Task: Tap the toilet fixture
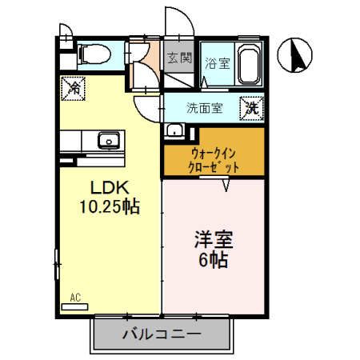click(94, 54)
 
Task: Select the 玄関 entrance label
click(180, 58)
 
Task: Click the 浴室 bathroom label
click(216, 64)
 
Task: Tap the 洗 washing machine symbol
click(252, 106)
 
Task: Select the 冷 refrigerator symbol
click(73, 86)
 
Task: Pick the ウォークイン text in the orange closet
click(212, 152)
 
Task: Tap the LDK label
click(108, 189)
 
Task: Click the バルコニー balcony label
click(160, 334)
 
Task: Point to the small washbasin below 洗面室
click(174, 130)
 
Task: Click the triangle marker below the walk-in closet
click(226, 186)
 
